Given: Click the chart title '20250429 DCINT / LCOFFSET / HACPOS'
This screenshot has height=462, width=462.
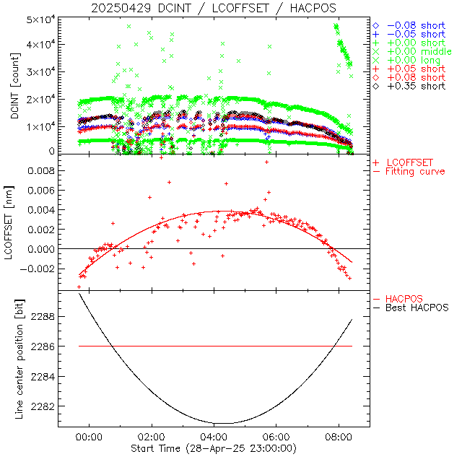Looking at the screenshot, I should (213, 8).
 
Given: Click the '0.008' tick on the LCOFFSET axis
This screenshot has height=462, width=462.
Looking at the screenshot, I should (40, 171).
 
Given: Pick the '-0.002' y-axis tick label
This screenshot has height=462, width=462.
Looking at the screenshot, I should (38, 269).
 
